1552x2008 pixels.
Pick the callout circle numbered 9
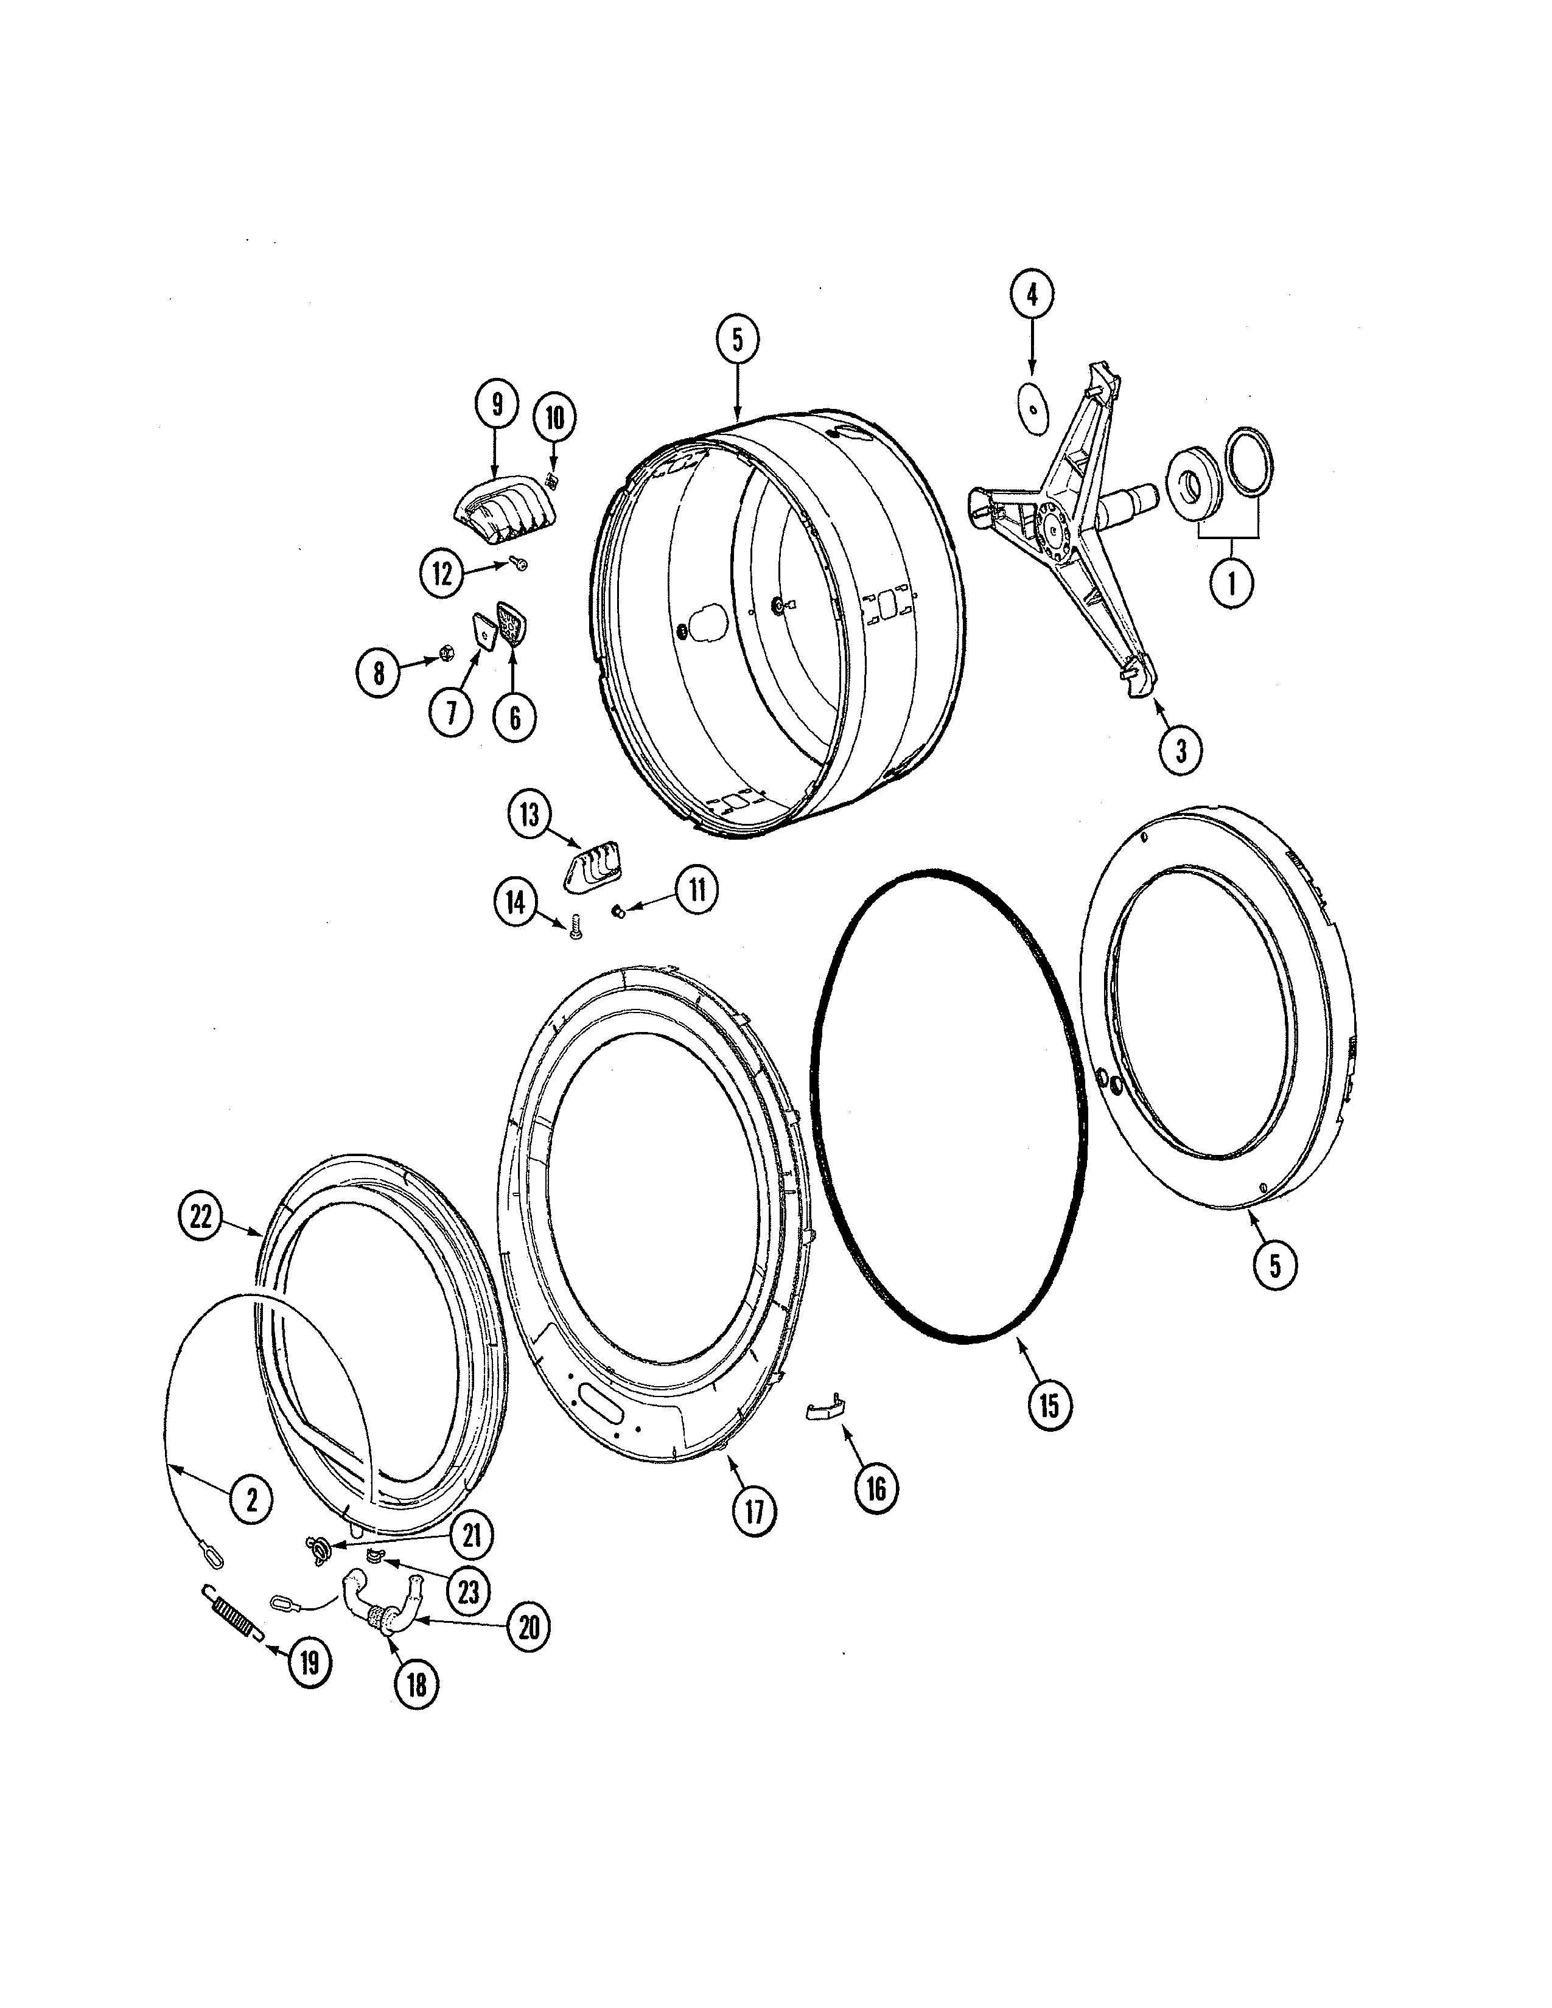497,403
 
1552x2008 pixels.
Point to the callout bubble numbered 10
554,419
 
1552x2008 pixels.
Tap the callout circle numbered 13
530,815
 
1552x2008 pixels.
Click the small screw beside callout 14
576,930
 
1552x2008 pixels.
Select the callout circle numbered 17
754,1511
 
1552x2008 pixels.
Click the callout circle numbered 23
468,1591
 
